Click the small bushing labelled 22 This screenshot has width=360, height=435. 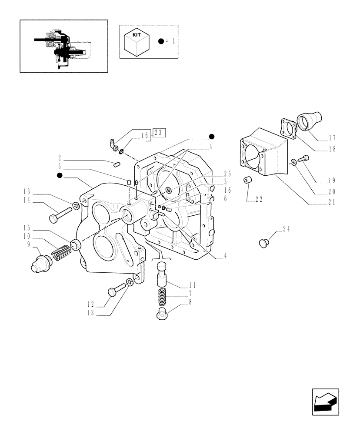[x=248, y=180]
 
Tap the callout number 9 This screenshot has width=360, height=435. [x=29, y=244]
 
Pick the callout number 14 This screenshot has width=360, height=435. [x=27, y=200]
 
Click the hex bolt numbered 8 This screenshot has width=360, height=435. [x=161, y=312]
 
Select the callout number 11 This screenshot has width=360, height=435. [x=192, y=285]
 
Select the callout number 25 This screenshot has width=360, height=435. [x=227, y=174]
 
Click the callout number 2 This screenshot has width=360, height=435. [x=60, y=159]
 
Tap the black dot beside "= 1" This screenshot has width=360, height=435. [x=161, y=41]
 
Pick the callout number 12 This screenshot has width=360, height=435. [x=90, y=304]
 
